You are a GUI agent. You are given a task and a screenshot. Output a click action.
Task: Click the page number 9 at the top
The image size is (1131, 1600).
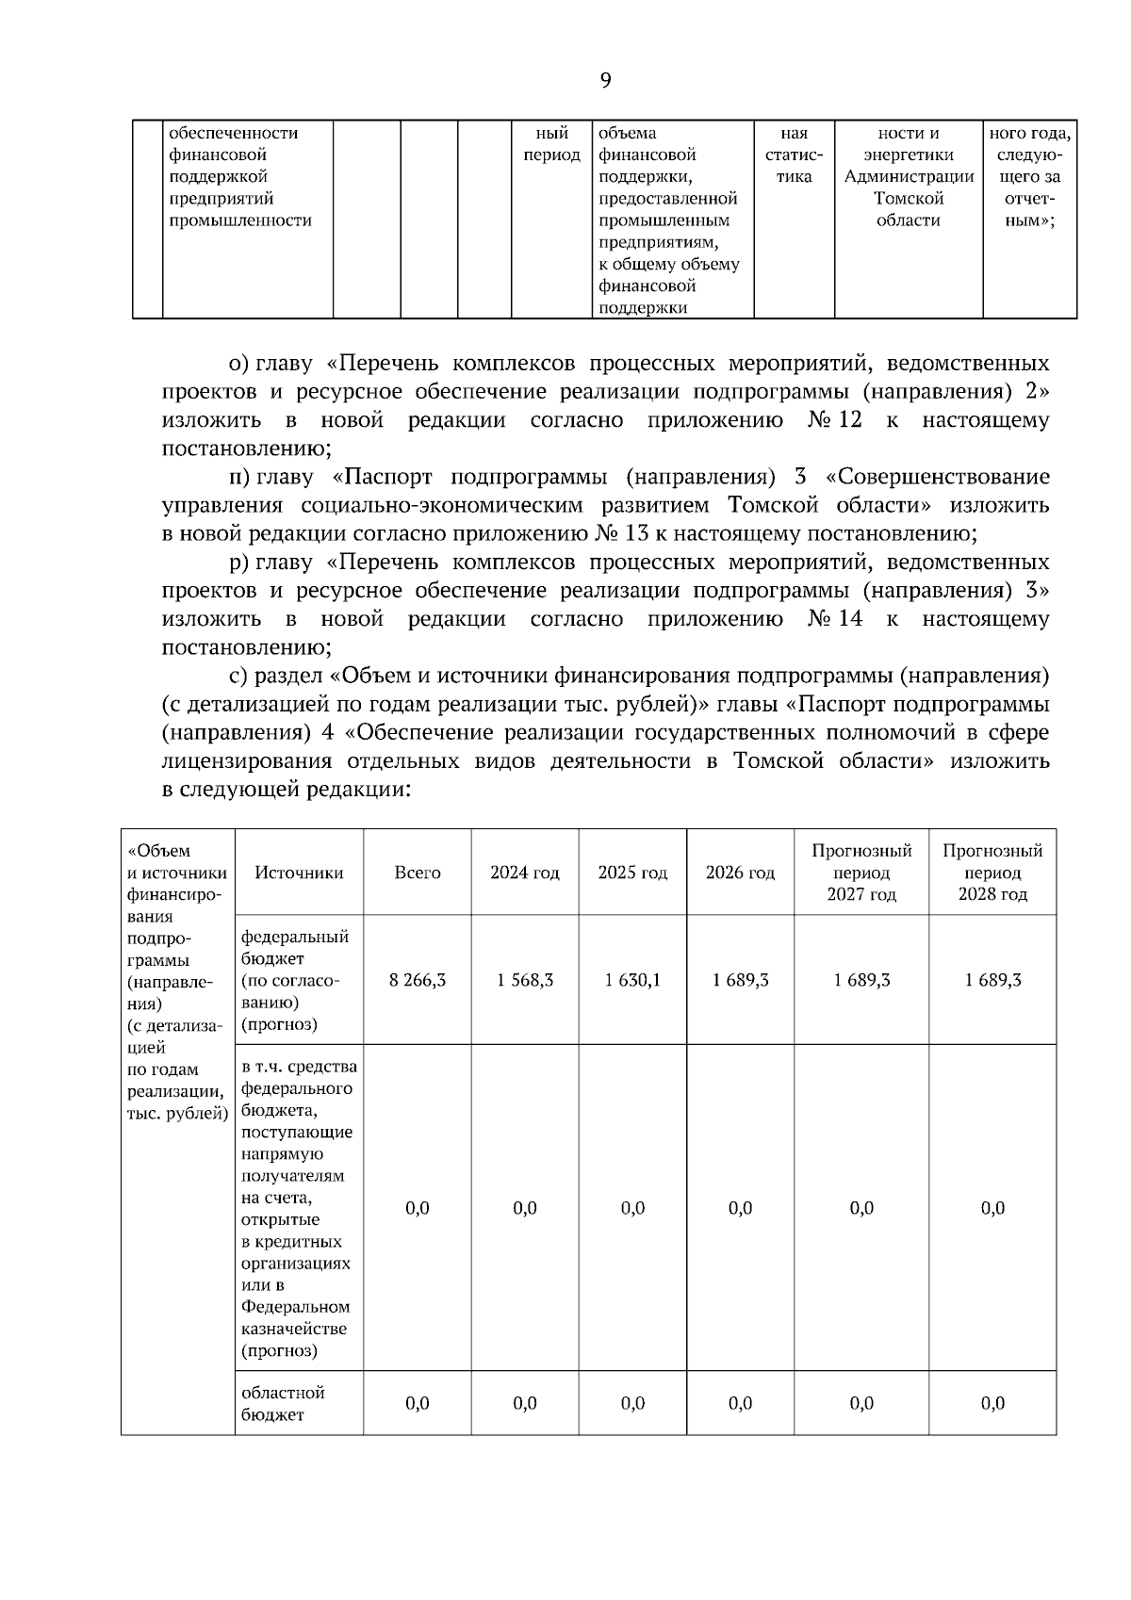605,80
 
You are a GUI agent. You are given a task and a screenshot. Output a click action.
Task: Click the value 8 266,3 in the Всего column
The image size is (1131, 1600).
418,980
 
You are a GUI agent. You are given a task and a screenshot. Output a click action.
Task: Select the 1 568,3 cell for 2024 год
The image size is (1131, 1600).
525,980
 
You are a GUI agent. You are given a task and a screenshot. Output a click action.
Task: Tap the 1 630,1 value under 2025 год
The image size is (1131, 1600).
632,980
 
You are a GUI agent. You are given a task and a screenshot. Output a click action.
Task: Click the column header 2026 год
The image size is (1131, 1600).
740,873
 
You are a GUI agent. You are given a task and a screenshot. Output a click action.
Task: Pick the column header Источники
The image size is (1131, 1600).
299,873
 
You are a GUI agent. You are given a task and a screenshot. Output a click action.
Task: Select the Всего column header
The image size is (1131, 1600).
418,873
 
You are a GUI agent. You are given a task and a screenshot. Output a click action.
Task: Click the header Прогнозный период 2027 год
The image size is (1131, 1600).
861,873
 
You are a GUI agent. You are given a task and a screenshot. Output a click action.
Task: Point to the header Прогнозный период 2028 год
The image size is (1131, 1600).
992,873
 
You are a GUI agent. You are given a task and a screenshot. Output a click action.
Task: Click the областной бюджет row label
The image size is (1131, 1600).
283,1403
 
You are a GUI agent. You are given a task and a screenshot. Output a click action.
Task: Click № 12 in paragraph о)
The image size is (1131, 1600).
835,420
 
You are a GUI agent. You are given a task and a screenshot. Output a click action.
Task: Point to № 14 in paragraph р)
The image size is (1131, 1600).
835,619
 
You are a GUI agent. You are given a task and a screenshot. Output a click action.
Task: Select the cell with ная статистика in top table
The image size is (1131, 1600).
794,155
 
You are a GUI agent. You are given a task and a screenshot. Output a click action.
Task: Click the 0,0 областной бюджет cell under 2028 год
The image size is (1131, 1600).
992,1403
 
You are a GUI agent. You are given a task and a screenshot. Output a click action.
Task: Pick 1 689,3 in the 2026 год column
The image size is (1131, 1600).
740,980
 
